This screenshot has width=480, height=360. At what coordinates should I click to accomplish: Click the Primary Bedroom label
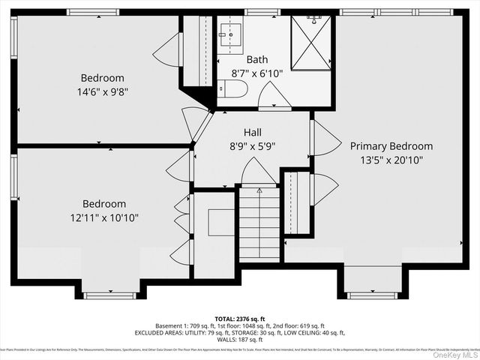391,146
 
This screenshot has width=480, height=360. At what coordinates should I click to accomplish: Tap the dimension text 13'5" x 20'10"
391,160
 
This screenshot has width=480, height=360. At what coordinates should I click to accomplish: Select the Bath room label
256,59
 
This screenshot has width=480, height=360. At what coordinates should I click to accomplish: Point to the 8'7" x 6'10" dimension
256,73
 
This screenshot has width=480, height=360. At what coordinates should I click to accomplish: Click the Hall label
252,132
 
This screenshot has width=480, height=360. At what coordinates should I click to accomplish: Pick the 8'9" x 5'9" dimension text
252,146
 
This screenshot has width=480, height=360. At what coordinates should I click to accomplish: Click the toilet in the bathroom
235,90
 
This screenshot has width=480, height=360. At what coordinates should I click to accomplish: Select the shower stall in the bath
310,42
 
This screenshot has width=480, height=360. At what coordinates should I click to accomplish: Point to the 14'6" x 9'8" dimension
103,91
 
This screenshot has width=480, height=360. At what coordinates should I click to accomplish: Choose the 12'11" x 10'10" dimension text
104,217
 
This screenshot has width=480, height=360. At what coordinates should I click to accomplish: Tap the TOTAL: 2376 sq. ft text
238,319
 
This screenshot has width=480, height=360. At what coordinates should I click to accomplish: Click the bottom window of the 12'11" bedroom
109,295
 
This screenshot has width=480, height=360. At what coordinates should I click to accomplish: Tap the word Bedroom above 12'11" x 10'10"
104,204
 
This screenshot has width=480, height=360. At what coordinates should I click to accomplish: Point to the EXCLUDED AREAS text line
238,333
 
